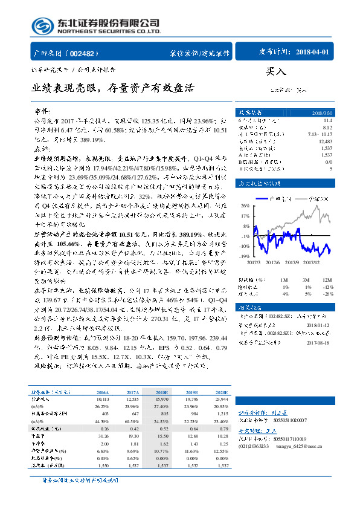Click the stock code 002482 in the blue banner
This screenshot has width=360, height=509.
coord(87,53)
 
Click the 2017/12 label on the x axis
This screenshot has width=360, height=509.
coord(312,262)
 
